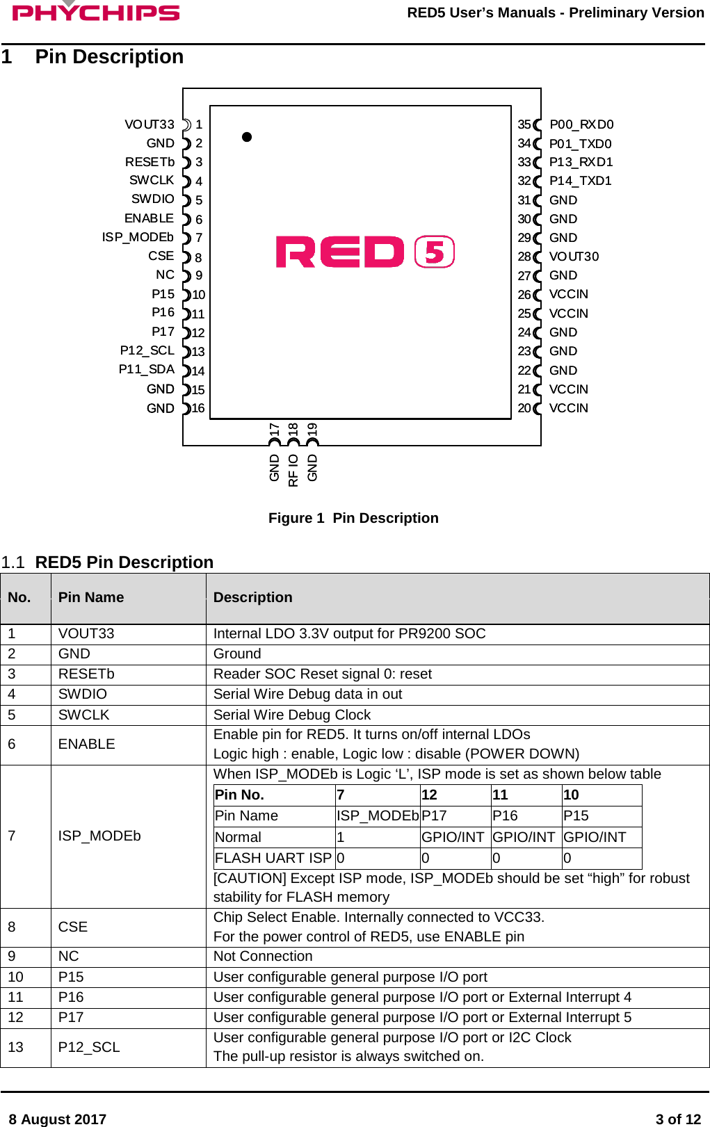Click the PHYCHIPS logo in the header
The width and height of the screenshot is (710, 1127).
96,13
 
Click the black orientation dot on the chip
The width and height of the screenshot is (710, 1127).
247,137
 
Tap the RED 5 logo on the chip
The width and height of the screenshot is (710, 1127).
365,252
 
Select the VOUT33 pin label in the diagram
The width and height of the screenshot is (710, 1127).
150,124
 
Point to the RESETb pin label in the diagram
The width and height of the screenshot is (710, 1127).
150,162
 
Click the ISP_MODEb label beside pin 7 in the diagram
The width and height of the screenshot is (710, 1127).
138,237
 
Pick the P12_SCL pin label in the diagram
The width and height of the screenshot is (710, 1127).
147,350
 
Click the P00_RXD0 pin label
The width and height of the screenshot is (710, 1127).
581,124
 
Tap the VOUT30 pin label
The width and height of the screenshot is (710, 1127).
574,257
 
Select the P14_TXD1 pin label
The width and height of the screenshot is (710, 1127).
580,181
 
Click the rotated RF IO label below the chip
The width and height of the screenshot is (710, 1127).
293,470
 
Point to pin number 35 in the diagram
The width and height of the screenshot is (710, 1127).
524,124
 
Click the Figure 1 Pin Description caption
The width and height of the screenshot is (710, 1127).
353,518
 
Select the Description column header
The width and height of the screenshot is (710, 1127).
252,597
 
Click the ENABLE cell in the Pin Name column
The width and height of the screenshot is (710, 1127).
86,744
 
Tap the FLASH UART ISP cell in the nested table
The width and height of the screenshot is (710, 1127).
273,858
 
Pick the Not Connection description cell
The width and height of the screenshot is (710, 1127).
263,956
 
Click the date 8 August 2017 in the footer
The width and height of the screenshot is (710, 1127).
57,1119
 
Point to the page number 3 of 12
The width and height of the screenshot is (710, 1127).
678,1119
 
